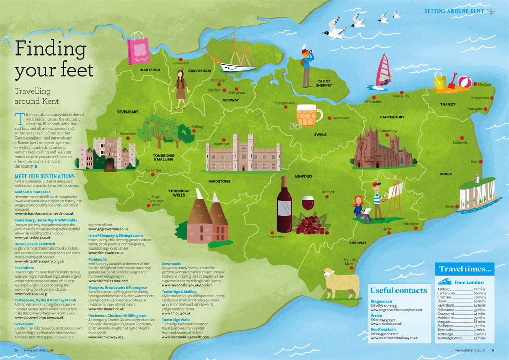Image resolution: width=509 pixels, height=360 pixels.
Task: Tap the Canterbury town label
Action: click(387, 131)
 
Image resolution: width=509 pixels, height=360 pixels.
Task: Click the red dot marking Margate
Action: click(475, 84)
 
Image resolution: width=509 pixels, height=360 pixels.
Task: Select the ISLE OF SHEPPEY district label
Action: click(324, 83)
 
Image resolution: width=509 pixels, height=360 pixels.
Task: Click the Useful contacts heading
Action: click(398, 290)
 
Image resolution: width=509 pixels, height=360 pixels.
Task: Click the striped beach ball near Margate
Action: click(464, 81)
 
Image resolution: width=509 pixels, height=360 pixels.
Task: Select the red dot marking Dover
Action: click(455, 206)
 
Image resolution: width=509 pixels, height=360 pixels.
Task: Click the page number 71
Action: click(493, 350)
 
